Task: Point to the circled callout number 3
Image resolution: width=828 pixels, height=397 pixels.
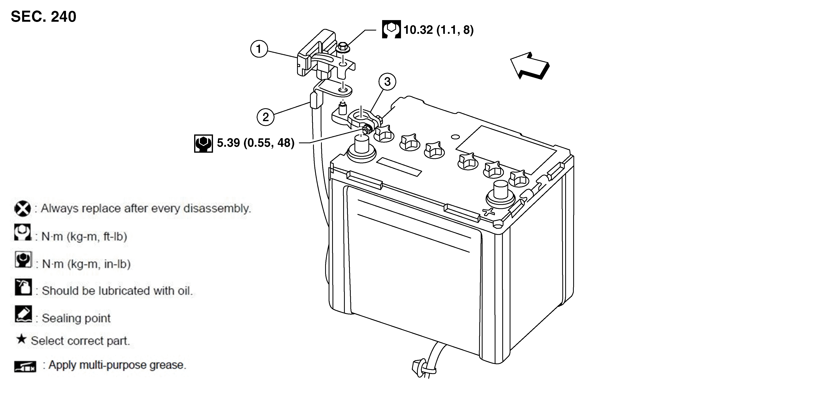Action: [x=387, y=82]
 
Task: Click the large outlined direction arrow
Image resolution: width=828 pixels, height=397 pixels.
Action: [x=530, y=66]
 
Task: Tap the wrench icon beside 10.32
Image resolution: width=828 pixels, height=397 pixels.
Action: [x=391, y=29]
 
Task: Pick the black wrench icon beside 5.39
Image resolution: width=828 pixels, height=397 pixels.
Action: [x=204, y=143]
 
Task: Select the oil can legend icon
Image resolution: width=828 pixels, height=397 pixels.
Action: [x=23, y=287]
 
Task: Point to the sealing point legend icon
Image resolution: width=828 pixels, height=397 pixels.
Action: [x=23, y=314]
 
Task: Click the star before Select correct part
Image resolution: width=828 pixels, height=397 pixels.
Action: [x=21, y=339]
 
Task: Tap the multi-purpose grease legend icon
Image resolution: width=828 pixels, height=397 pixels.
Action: [x=25, y=366]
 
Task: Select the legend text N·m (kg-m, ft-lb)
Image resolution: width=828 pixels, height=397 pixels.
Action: [x=84, y=237]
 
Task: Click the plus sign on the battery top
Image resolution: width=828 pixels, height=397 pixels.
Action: [x=489, y=212]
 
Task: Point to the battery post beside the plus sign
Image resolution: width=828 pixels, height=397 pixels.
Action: [x=500, y=195]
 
